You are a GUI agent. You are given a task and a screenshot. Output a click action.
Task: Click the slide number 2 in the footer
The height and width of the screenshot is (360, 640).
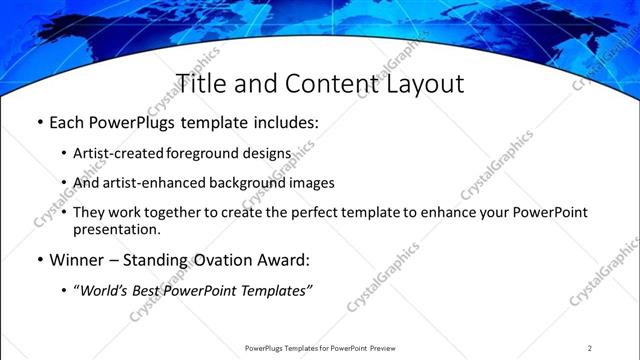point(590,348)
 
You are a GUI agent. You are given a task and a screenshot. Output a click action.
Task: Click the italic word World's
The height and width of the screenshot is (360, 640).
point(104,290)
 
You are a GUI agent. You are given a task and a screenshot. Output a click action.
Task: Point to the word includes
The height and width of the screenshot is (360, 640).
point(281,124)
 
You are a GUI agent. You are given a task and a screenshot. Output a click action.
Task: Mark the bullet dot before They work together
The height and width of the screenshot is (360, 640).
point(64,213)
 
